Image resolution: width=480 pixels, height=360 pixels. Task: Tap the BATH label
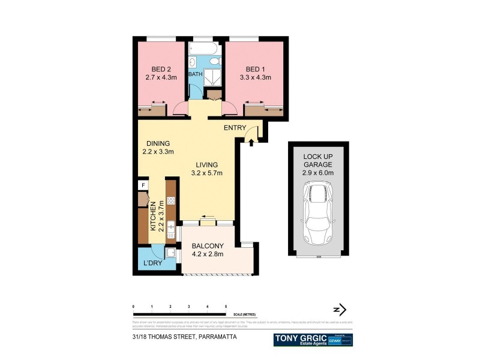196,74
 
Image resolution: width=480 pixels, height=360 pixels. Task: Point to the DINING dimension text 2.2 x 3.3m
158,152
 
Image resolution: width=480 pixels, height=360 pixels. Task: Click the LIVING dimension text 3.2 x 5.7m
207,173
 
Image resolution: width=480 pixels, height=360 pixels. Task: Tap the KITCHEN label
153,217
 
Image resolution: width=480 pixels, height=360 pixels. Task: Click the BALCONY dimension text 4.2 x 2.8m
208,254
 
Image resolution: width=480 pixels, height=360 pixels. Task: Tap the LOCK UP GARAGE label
317,159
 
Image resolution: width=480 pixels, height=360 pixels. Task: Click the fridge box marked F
143,185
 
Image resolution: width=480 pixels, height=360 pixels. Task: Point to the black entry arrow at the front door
251,142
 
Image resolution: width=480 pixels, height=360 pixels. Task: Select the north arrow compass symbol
340,310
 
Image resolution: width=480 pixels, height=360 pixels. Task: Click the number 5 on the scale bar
226,307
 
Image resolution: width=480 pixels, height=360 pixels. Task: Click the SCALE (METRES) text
243,314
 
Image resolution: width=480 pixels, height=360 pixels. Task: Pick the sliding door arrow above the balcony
208,217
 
